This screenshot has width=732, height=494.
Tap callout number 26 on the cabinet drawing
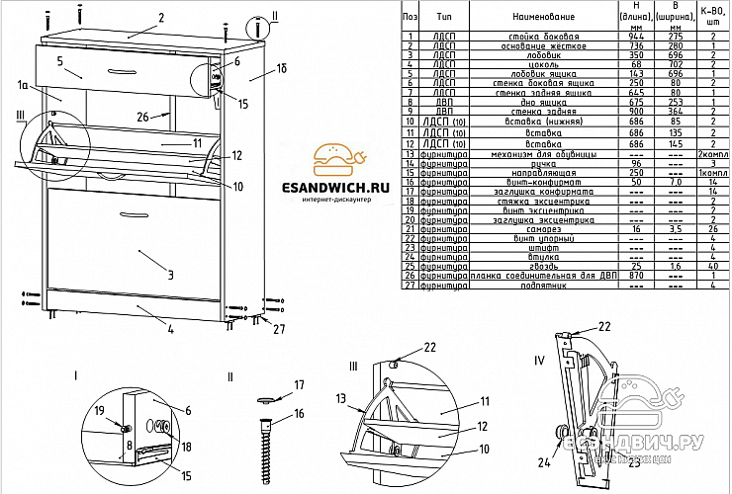click(x=143, y=117)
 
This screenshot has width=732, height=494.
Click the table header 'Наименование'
click(x=543, y=18)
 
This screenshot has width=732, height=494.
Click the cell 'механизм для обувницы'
click(x=542, y=155)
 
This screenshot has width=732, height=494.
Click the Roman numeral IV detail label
click(x=539, y=360)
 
